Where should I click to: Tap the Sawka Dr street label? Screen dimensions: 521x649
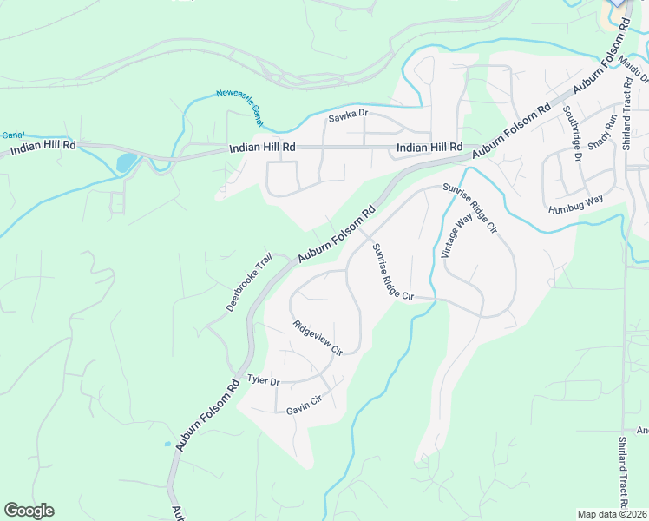(x=348, y=115)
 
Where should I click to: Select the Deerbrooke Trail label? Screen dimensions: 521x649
(x=249, y=283)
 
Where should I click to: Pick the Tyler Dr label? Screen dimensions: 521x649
(x=263, y=380)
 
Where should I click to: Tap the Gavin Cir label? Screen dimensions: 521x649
(x=304, y=405)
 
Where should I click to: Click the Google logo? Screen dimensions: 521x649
(x=29, y=511)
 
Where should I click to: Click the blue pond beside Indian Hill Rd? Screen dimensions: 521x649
(x=125, y=162)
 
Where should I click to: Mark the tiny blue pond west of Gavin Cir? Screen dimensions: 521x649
(x=167, y=444)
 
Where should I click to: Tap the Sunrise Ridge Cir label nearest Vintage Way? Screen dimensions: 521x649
(x=469, y=208)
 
